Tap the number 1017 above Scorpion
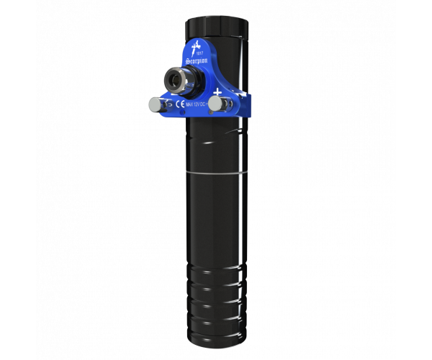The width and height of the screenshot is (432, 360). tap(201, 54)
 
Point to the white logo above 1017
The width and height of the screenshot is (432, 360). tap(194, 47)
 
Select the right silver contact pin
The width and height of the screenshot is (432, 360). tap(215, 105)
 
